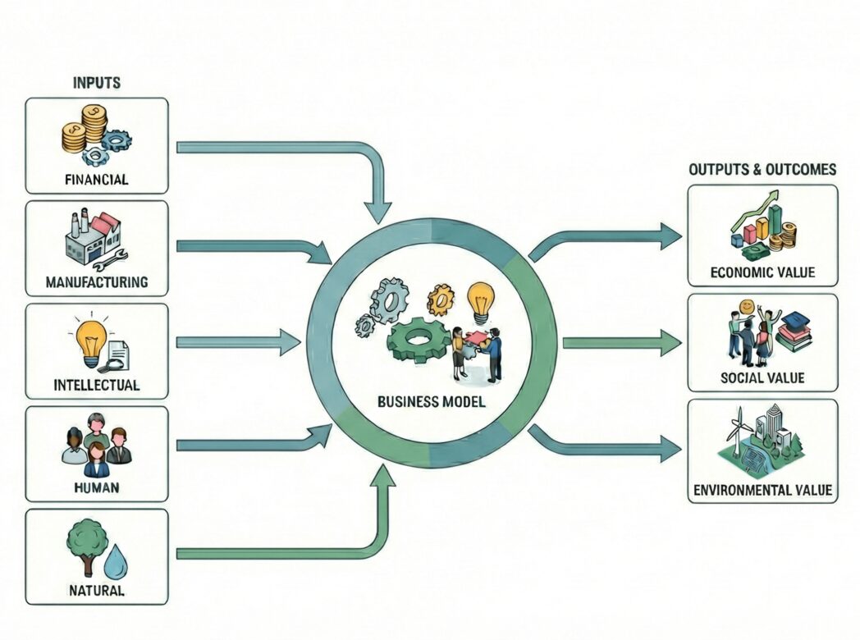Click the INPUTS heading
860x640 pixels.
(97, 83)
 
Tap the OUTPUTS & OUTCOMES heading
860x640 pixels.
(762, 170)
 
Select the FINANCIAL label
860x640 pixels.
(97, 180)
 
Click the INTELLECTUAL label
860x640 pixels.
(97, 385)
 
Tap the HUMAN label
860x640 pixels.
(97, 487)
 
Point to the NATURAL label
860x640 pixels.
(97, 590)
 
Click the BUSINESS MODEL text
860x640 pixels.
(431, 403)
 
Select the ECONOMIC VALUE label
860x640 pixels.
(762, 272)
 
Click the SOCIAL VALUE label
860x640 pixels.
(762, 378)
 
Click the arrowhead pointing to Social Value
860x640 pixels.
(670, 343)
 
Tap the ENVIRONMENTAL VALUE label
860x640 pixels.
(762, 491)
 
